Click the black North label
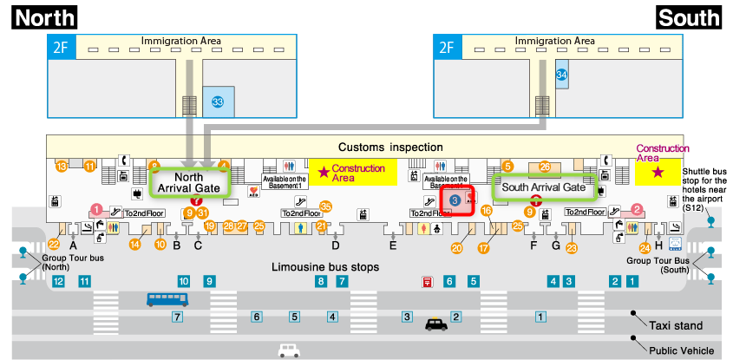coord(43,16)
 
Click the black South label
coord(690,16)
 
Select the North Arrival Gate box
coord(189,182)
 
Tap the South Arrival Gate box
coord(544,186)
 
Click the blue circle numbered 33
coord(218,102)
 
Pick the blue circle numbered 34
coord(562,75)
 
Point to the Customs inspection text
coord(390,147)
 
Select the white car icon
coord(289,351)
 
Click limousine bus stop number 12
coord(58,281)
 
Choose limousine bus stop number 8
coord(321,281)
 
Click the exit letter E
coord(393,245)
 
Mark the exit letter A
coord(74,245)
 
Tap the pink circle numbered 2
coord(636,209)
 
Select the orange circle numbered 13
coord(62,166)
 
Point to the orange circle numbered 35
coord(326,206)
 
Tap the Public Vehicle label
coord(682,350)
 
